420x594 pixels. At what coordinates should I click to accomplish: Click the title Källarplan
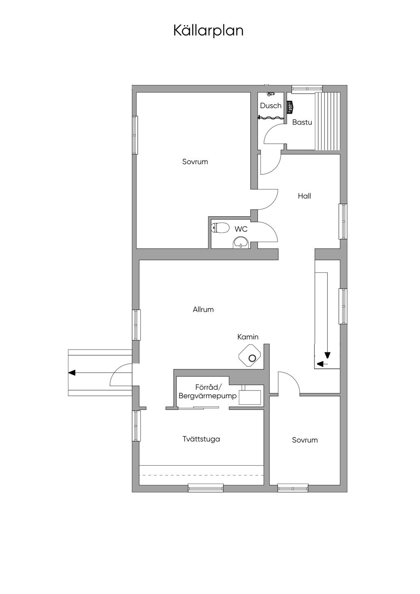(x=208, y=31)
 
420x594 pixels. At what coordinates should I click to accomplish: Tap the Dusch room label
(x=270, y=106)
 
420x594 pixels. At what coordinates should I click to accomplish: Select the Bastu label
(x=302, y=122)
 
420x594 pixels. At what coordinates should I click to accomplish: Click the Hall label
(x=304, y=196)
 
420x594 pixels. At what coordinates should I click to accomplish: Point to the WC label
(x=241, y=229)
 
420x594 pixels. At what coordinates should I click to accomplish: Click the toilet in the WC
(x=220, y=228)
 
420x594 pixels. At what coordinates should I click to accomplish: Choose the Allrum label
(x=203, y=309)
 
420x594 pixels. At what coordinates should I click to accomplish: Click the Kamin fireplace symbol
(x=251, y=356)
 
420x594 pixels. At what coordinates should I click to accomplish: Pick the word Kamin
(x=248, y=337)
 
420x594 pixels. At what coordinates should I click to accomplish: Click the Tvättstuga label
(x=201, y=439)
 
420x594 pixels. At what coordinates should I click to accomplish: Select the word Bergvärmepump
(x=208, y=396)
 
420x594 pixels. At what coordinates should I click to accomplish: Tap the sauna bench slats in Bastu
(x=327, y=121)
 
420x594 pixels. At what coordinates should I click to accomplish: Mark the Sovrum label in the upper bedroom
(x=195, y=162)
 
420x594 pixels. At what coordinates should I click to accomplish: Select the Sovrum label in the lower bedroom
(x=305, y=440)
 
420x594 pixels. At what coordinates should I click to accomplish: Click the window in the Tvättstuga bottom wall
(x=205, y=488)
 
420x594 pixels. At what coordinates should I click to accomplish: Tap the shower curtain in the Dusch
(x=271, y=117)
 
